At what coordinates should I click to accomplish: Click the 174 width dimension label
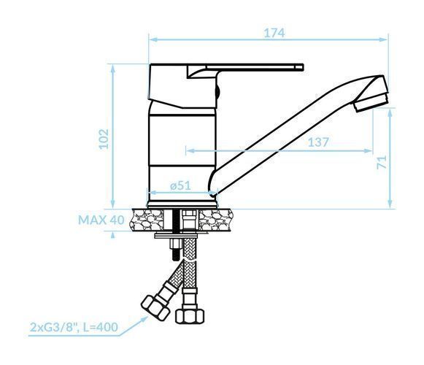[274, 33]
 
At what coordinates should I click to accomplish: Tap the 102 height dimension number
[104, 139]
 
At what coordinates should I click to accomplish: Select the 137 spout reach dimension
[318, 142]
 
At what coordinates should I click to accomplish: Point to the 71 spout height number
[382, 162]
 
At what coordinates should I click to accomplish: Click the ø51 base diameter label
[180, 185]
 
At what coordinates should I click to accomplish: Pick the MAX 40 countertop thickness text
[101, 220]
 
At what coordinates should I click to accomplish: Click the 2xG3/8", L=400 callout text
[74, 327]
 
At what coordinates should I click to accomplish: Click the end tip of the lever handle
[303, 67]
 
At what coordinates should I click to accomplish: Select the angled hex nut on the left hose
[155, 307]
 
